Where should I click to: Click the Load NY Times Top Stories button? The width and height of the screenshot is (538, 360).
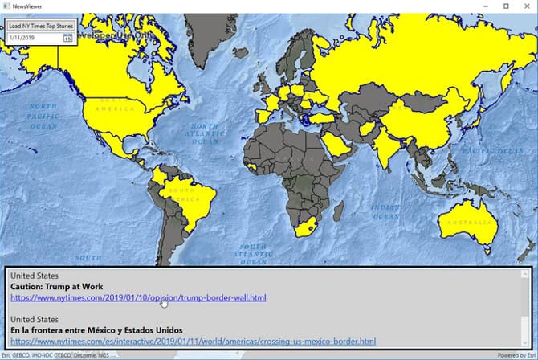(41, 26)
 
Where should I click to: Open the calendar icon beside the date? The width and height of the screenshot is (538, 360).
(68, 38)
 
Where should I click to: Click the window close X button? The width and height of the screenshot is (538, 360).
(528, 6)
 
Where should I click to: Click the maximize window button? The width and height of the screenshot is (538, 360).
(506, 6)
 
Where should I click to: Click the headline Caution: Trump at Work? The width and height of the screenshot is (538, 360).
(57, 287)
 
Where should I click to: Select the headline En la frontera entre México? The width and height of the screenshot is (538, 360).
(96, 330)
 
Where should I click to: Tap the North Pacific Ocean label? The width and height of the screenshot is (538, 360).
(43, 116)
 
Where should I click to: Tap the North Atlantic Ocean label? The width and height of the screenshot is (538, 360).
(204, 133)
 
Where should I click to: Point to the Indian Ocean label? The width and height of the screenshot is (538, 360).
(385, 211)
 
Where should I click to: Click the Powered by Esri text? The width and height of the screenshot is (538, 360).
(516, 355)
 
